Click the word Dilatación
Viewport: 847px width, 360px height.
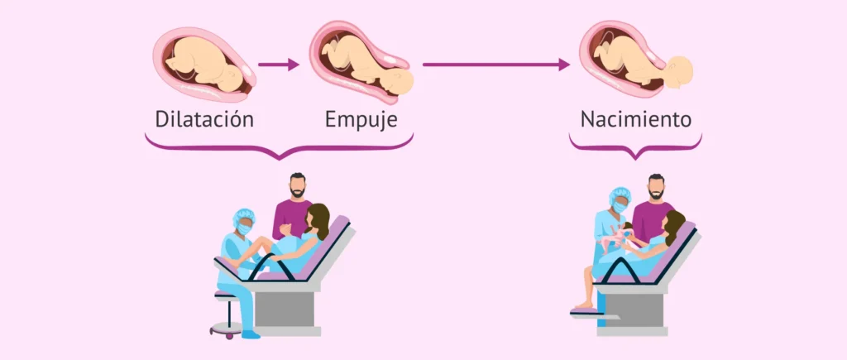(204, 119)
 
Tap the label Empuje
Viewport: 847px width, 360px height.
(361, 119)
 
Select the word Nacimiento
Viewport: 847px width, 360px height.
(635, 119)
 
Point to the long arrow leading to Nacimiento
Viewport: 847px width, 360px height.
(496, 64)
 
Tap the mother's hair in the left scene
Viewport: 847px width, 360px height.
(321, 219)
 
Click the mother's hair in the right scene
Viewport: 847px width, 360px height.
(676, 225)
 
